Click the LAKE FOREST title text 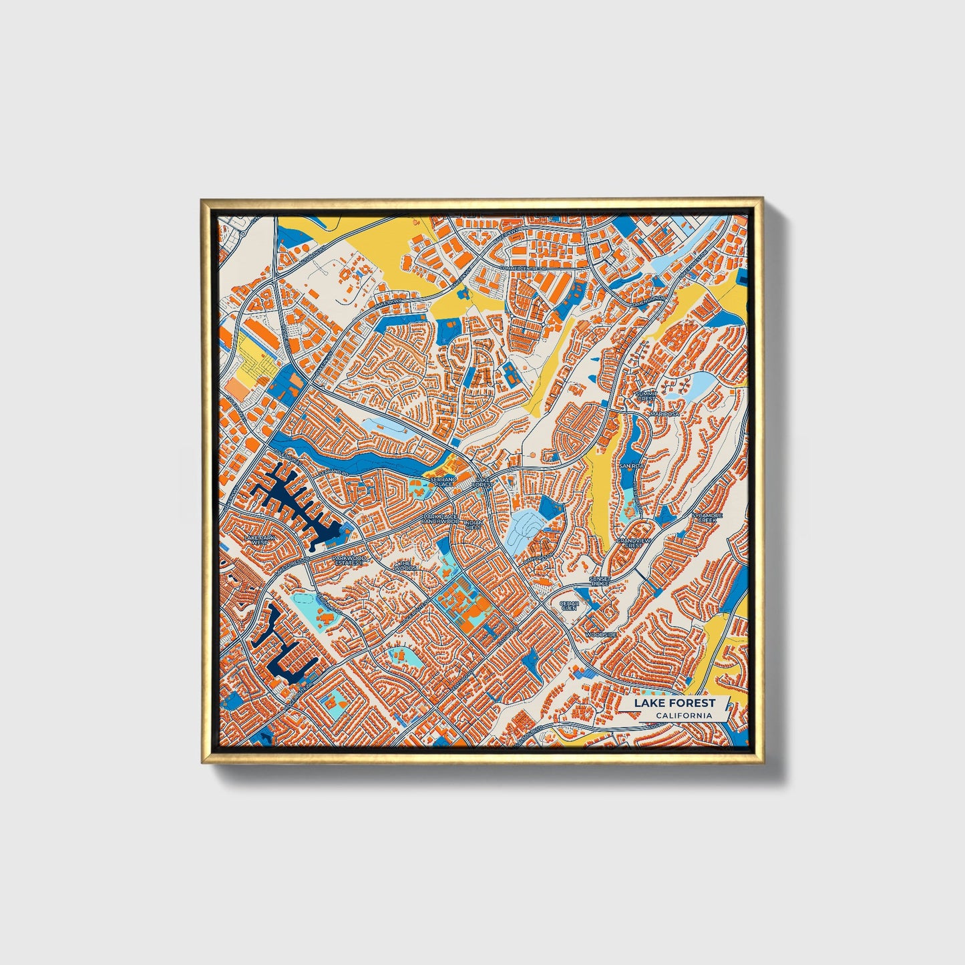674,703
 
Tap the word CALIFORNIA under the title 683,716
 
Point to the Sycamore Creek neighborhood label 707,518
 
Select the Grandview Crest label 633,542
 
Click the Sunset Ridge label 600,581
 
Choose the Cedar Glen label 569,605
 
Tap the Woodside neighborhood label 600,634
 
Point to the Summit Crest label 646,396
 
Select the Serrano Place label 443,481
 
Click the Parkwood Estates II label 349,560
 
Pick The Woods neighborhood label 405,566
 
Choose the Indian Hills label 473,524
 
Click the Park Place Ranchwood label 441,518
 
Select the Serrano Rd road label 336,473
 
